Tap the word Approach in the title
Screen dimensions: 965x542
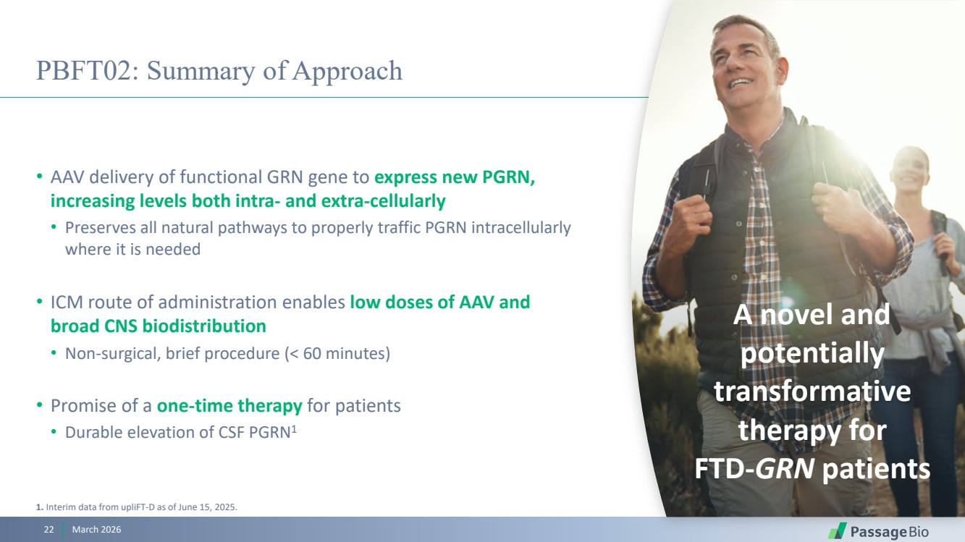347,72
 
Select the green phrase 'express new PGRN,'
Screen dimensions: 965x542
455,177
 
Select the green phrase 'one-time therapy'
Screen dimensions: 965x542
229,406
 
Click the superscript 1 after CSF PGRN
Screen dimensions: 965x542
294,429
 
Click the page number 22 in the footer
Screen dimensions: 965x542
49,530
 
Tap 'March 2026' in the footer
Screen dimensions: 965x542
96,530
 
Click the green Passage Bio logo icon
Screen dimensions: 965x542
837,531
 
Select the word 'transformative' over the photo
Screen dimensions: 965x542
812,391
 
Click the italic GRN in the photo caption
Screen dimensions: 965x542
784,468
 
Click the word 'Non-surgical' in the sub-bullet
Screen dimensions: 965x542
113,354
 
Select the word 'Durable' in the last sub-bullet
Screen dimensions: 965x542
93,432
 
